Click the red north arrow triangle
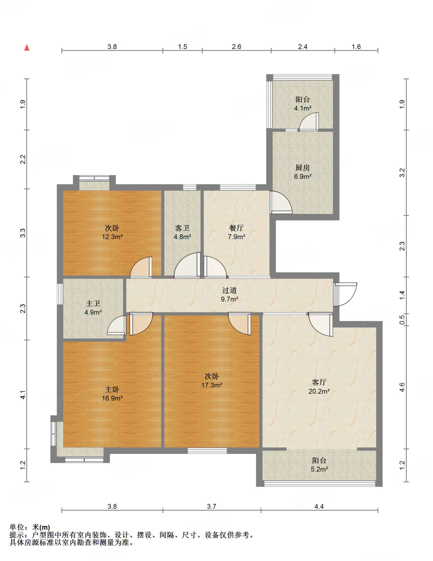[27, 48]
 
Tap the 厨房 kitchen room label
[302, 168]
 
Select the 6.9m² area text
[302, 177]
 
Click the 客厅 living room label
[319, 382]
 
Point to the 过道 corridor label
[229, 290]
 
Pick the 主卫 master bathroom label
[93, 303]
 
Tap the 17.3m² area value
[212, 385]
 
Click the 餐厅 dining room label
[236, 228]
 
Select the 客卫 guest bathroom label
[182, 228]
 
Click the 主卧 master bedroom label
[112, 389]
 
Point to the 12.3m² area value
[112, 237]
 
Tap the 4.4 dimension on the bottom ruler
[319, 506]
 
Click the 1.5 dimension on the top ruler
[182, 47]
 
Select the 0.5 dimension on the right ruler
[402, 320]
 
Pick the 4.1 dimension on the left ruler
[23, 395]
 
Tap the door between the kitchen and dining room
[281, 202]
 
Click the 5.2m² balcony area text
[319, 469]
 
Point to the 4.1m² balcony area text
[302, 108]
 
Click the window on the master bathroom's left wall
[60, 294]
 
